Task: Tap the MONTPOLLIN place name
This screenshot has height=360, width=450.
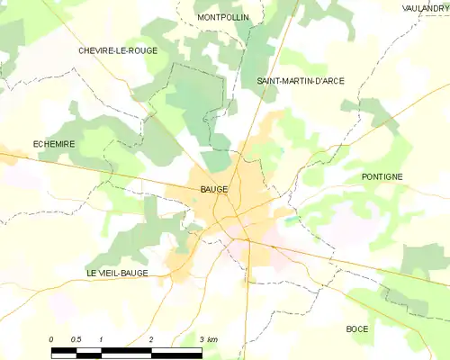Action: (223, 17)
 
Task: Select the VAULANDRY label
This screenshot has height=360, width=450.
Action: (425, 7)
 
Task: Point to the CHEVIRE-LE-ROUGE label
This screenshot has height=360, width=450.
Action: (117, 50)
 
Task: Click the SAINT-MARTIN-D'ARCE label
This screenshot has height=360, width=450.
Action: (300, 81)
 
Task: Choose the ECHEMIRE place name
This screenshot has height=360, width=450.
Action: (53, 144)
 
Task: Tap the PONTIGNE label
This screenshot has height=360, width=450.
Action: (382, 176)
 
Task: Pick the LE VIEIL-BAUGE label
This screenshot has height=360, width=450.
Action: (117, 273)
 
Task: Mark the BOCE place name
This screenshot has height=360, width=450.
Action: (357, 329)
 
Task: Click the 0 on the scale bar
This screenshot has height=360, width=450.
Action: (52, 339)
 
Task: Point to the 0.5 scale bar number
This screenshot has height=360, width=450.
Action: (76, 339)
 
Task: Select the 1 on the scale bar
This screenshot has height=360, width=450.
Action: (102, 339)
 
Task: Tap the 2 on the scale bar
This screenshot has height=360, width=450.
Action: (151, 339)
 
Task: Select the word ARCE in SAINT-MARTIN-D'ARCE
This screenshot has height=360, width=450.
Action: (330, 81)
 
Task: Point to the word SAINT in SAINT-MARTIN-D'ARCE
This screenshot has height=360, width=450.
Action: (269, 81)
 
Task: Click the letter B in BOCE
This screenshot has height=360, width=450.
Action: (349, 329)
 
